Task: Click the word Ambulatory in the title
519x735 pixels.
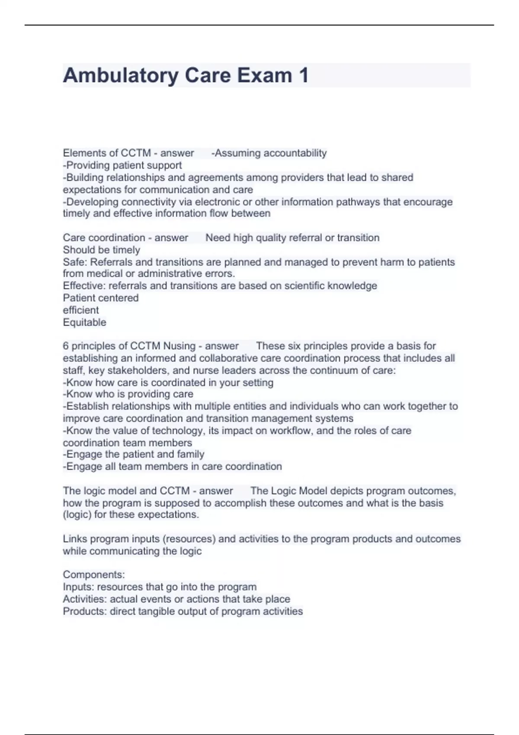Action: point(121,76)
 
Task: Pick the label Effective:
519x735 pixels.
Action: point(84,286)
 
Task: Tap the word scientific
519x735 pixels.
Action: point(303,286)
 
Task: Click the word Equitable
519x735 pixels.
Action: point(84,322)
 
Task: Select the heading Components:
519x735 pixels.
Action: point(94,575)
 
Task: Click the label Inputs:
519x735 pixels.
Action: point(78,587)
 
